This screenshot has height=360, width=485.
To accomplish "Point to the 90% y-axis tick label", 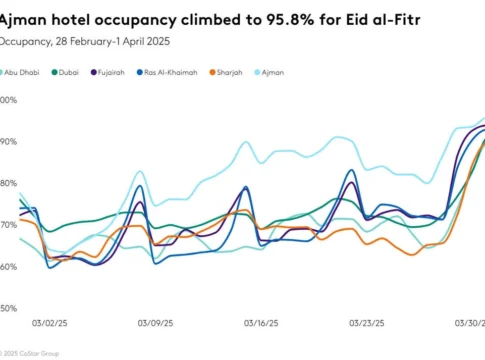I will click(8, 142).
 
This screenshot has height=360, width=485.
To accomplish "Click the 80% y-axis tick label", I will click(8, 183).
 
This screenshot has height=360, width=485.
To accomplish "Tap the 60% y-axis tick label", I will click(8, 266).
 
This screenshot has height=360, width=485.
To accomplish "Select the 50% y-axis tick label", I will click(8, 307).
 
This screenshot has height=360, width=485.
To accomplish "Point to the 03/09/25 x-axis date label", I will click(156, 324).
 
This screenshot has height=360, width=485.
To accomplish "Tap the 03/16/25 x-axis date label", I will click(260, 324).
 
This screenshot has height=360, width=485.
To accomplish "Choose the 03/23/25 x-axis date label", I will click(365, 324).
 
